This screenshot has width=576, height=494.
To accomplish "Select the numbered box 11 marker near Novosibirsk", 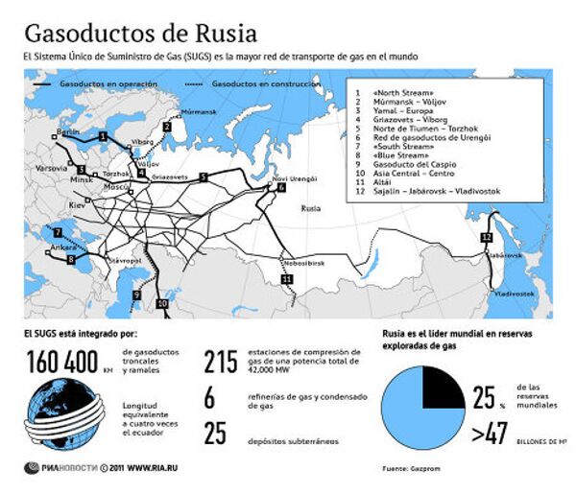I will pyautogui.click(x=286, y=278).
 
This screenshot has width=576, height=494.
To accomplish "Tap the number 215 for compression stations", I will pyautogui.click(x=220, y=362).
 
